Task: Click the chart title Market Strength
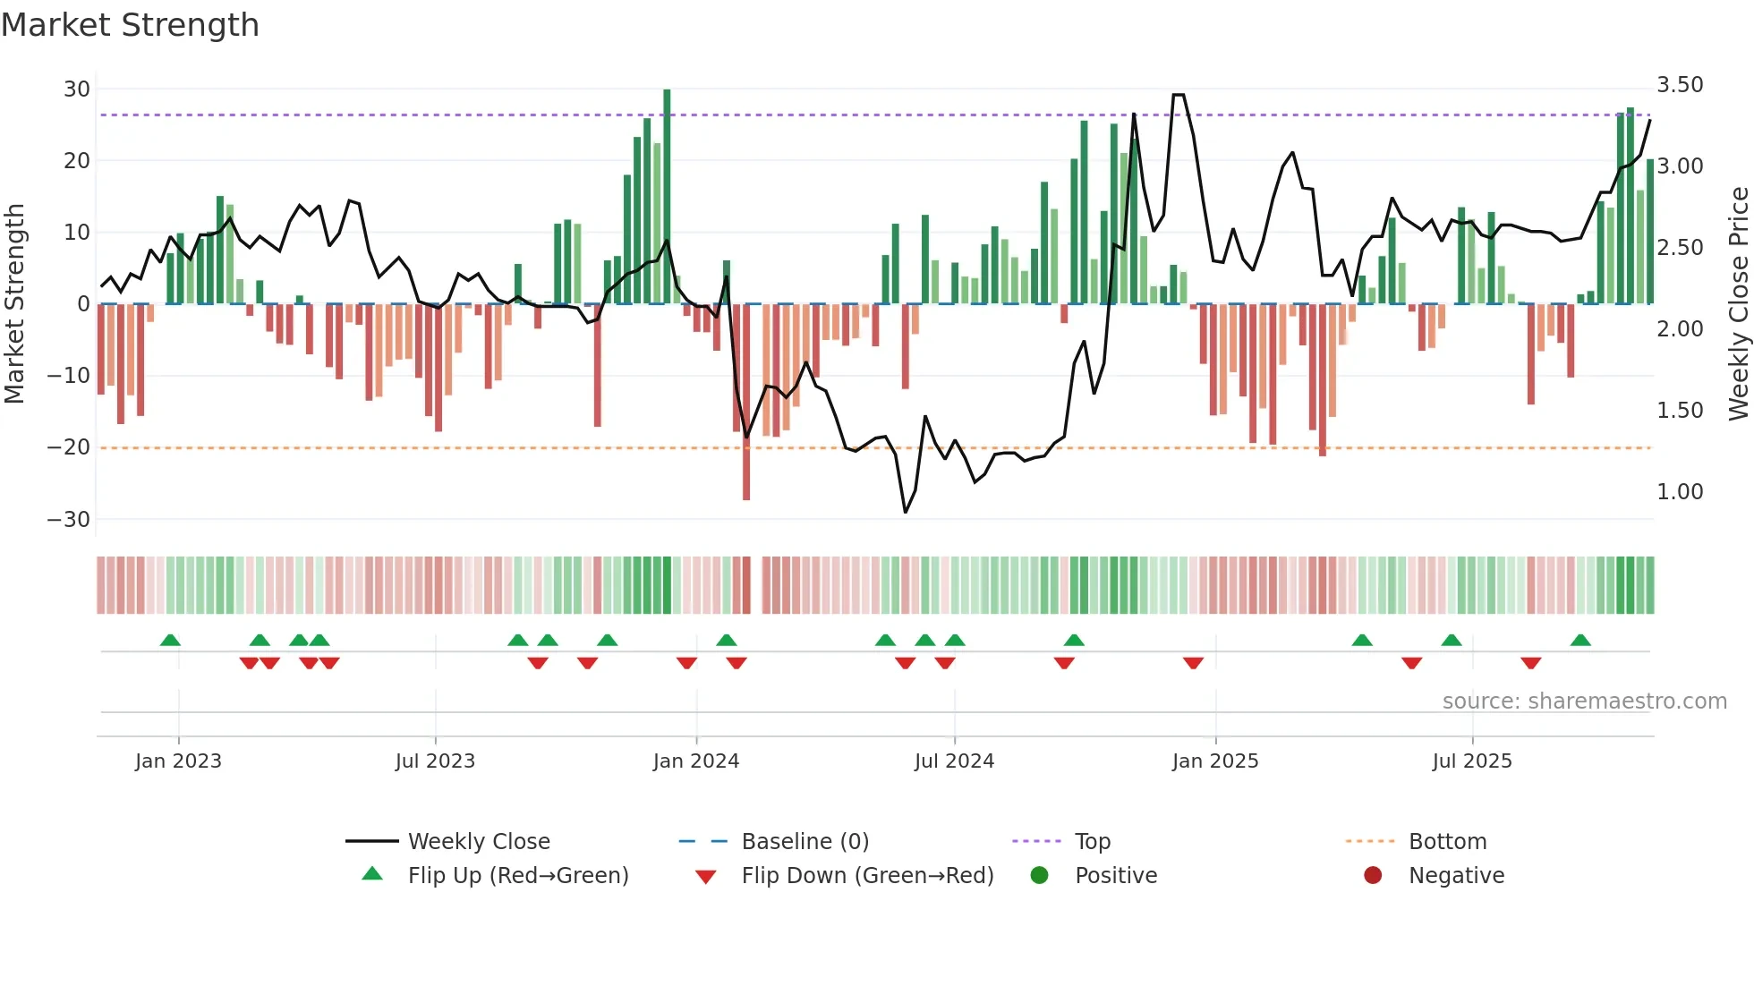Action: [130, 25]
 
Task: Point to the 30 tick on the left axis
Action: [77, 89]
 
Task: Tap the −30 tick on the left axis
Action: [69, 520]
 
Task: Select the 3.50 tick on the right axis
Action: [1680, 85]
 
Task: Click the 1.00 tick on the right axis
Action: [1680, 492]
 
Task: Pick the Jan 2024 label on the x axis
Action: [696, 761]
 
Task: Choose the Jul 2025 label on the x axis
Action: [1472, 761]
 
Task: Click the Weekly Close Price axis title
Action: [1738, 304]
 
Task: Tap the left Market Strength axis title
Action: [14, 304]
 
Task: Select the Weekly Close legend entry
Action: [479, 842]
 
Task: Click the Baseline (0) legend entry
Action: [805, 842]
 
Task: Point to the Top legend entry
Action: [1093, 842]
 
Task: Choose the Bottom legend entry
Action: [1447, 842]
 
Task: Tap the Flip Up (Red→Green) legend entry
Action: [518, 876]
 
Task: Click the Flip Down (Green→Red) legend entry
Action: [867, 876]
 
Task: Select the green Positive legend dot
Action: [1039, 876]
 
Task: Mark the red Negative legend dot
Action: [1373, 876]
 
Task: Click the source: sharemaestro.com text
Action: [1584, 701]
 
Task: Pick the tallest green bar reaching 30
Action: [667, 197]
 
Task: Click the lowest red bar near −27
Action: [746, 403]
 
